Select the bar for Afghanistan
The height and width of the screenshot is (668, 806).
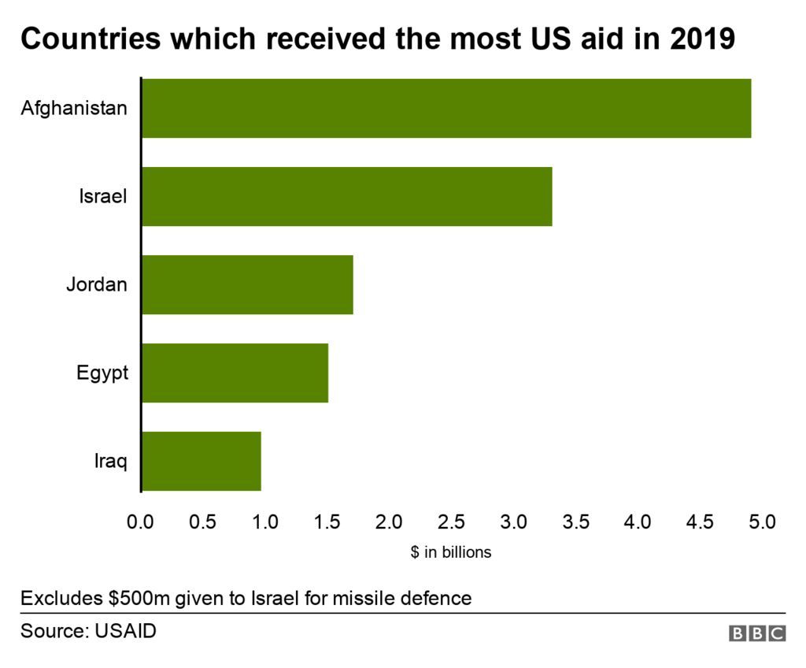[x=446, y=108]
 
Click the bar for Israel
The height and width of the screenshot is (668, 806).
[x=346, y=196]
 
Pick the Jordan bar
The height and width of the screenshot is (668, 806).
[x=247, y=284]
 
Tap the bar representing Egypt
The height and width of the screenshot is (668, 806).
[x=235, y=373]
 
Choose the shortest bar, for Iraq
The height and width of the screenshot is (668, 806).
[x=201, y=461]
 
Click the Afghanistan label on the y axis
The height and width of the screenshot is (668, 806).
[x=73, y=108]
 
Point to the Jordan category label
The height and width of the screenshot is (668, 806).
[x=96, y=284]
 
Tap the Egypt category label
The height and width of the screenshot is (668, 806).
[x=102, y=373]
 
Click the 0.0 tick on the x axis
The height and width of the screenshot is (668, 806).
[x=141, y=521]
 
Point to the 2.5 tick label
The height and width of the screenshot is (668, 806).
[x=452, y=521]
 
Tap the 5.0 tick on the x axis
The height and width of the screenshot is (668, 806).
[x=762, y=521]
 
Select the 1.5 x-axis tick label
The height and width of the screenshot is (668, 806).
[x=327, y=521]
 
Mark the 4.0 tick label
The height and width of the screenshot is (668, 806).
[x=638, y=521]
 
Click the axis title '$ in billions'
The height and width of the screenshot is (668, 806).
[x=451, y=552]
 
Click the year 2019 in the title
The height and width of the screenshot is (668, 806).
[x=702, y=39]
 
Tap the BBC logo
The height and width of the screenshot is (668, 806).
[x=757, y=633]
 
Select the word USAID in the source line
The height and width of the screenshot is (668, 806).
[x=126, y=631]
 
